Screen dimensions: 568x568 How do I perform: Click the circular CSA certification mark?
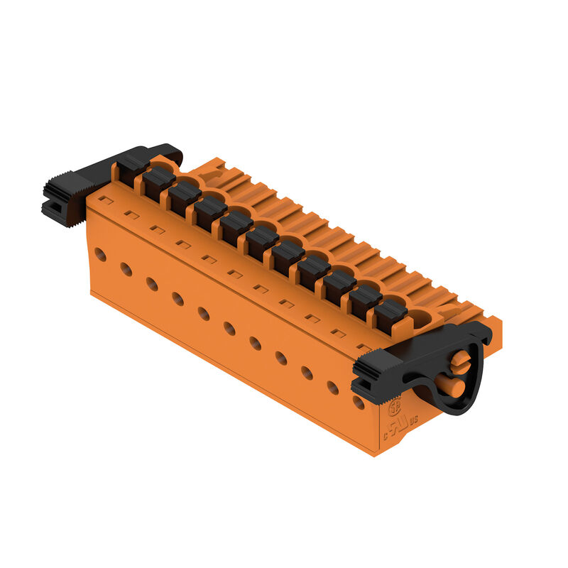pos(395,408)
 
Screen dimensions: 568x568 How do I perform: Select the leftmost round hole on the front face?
pos(101,253)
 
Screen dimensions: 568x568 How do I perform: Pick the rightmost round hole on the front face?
pos(359,403)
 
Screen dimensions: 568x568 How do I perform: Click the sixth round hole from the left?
pos(229,328)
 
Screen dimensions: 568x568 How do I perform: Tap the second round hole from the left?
pos(126,269)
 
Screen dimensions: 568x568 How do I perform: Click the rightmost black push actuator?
pos(390,316)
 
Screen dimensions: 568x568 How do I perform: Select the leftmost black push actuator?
pos(132,168)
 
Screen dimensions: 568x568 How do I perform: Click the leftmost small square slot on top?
pos(104,200)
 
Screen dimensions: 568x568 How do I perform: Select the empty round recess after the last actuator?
pos(422,319)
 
